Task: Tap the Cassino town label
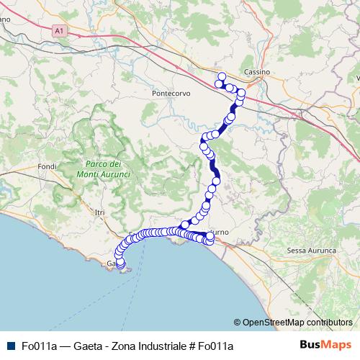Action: (256, 73)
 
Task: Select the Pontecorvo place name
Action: (169, 94)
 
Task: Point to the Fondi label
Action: (48, 167)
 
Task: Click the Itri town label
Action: (99, 212)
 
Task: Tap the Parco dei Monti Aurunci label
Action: (102, 170)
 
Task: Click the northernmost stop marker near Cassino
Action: (222, 76)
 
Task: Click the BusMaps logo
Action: (325, 345)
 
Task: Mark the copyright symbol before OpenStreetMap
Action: (238, 323)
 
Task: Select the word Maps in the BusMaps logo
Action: (337, 345)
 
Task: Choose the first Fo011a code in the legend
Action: (39, 346)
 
